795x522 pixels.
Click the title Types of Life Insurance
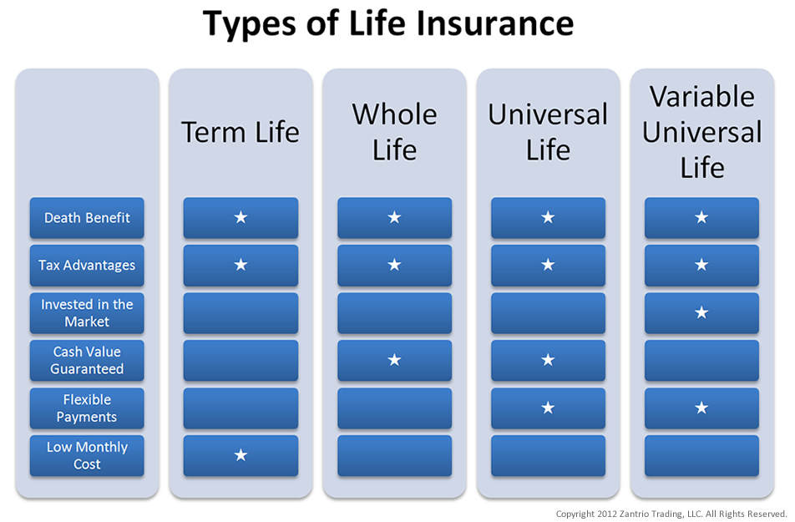[x=388, y=25]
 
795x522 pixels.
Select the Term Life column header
[x=241, y=132]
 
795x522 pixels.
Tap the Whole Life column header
[x=394, y=132]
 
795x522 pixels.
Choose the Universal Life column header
[x=548, y=132]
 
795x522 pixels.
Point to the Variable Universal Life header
[x=701, y=132]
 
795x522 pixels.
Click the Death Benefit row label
[x=87, y=218]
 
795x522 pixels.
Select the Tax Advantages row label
[x=87, y=266]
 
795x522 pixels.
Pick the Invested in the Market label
[x=87, y=313]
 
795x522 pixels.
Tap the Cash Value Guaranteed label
[x=87, y=361]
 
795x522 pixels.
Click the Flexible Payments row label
[x=87, y=408]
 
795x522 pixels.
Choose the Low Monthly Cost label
[x=87, y=456]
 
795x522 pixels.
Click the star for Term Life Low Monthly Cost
[x=241, y=456]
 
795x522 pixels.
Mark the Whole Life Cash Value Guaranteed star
[x=394, y=361]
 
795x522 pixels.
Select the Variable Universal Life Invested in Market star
[x=701, y=313]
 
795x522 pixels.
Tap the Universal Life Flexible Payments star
[x=548, y=408]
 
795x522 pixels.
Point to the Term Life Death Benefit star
[x=241, y=218]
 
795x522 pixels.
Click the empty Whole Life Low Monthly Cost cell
[x=394, y=456]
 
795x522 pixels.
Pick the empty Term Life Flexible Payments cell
[x=241, y=408]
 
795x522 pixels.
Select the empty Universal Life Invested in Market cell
[x=548, y=313]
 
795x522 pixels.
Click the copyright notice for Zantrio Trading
[x=671, y=513]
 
